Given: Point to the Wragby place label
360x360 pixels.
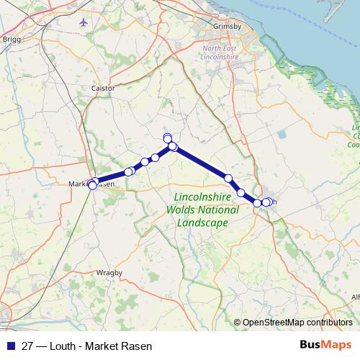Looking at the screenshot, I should click(x=109, y=273).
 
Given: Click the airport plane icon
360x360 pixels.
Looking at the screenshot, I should click(x=84, y=22).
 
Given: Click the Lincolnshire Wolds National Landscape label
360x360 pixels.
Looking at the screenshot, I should click(x=202, y=210).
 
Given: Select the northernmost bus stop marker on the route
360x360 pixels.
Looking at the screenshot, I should click(x=168, y=137).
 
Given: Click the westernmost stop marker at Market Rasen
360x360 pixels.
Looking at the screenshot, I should click(x=92, y=186).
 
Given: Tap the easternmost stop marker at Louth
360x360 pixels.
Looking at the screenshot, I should click(x=269, y=202).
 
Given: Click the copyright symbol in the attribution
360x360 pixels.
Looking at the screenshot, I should click(x=238, y=323).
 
